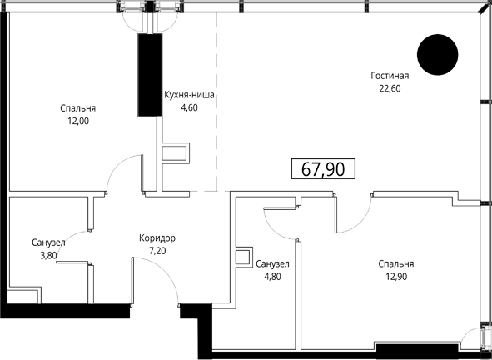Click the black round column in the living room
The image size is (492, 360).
437,55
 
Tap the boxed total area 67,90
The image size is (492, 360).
323,168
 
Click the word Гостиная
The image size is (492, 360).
390,76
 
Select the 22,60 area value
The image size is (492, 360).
390,88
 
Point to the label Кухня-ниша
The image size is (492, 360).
189,95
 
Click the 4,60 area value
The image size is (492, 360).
189,108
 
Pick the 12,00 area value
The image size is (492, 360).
78,122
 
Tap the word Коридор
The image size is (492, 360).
157,238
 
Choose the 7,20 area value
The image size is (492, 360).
157,251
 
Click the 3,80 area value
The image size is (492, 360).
48,255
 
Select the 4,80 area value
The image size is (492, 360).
272,277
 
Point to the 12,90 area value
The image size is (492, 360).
396,277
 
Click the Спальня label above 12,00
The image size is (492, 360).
78,108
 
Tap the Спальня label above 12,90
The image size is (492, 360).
396,264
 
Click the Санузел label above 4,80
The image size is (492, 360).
272,264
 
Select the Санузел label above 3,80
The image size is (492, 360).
48,242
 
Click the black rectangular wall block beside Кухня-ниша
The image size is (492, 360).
150,75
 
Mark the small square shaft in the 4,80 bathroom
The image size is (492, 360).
244,257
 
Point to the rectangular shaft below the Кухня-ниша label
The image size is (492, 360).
176,153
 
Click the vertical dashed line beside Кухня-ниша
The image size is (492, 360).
216,102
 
